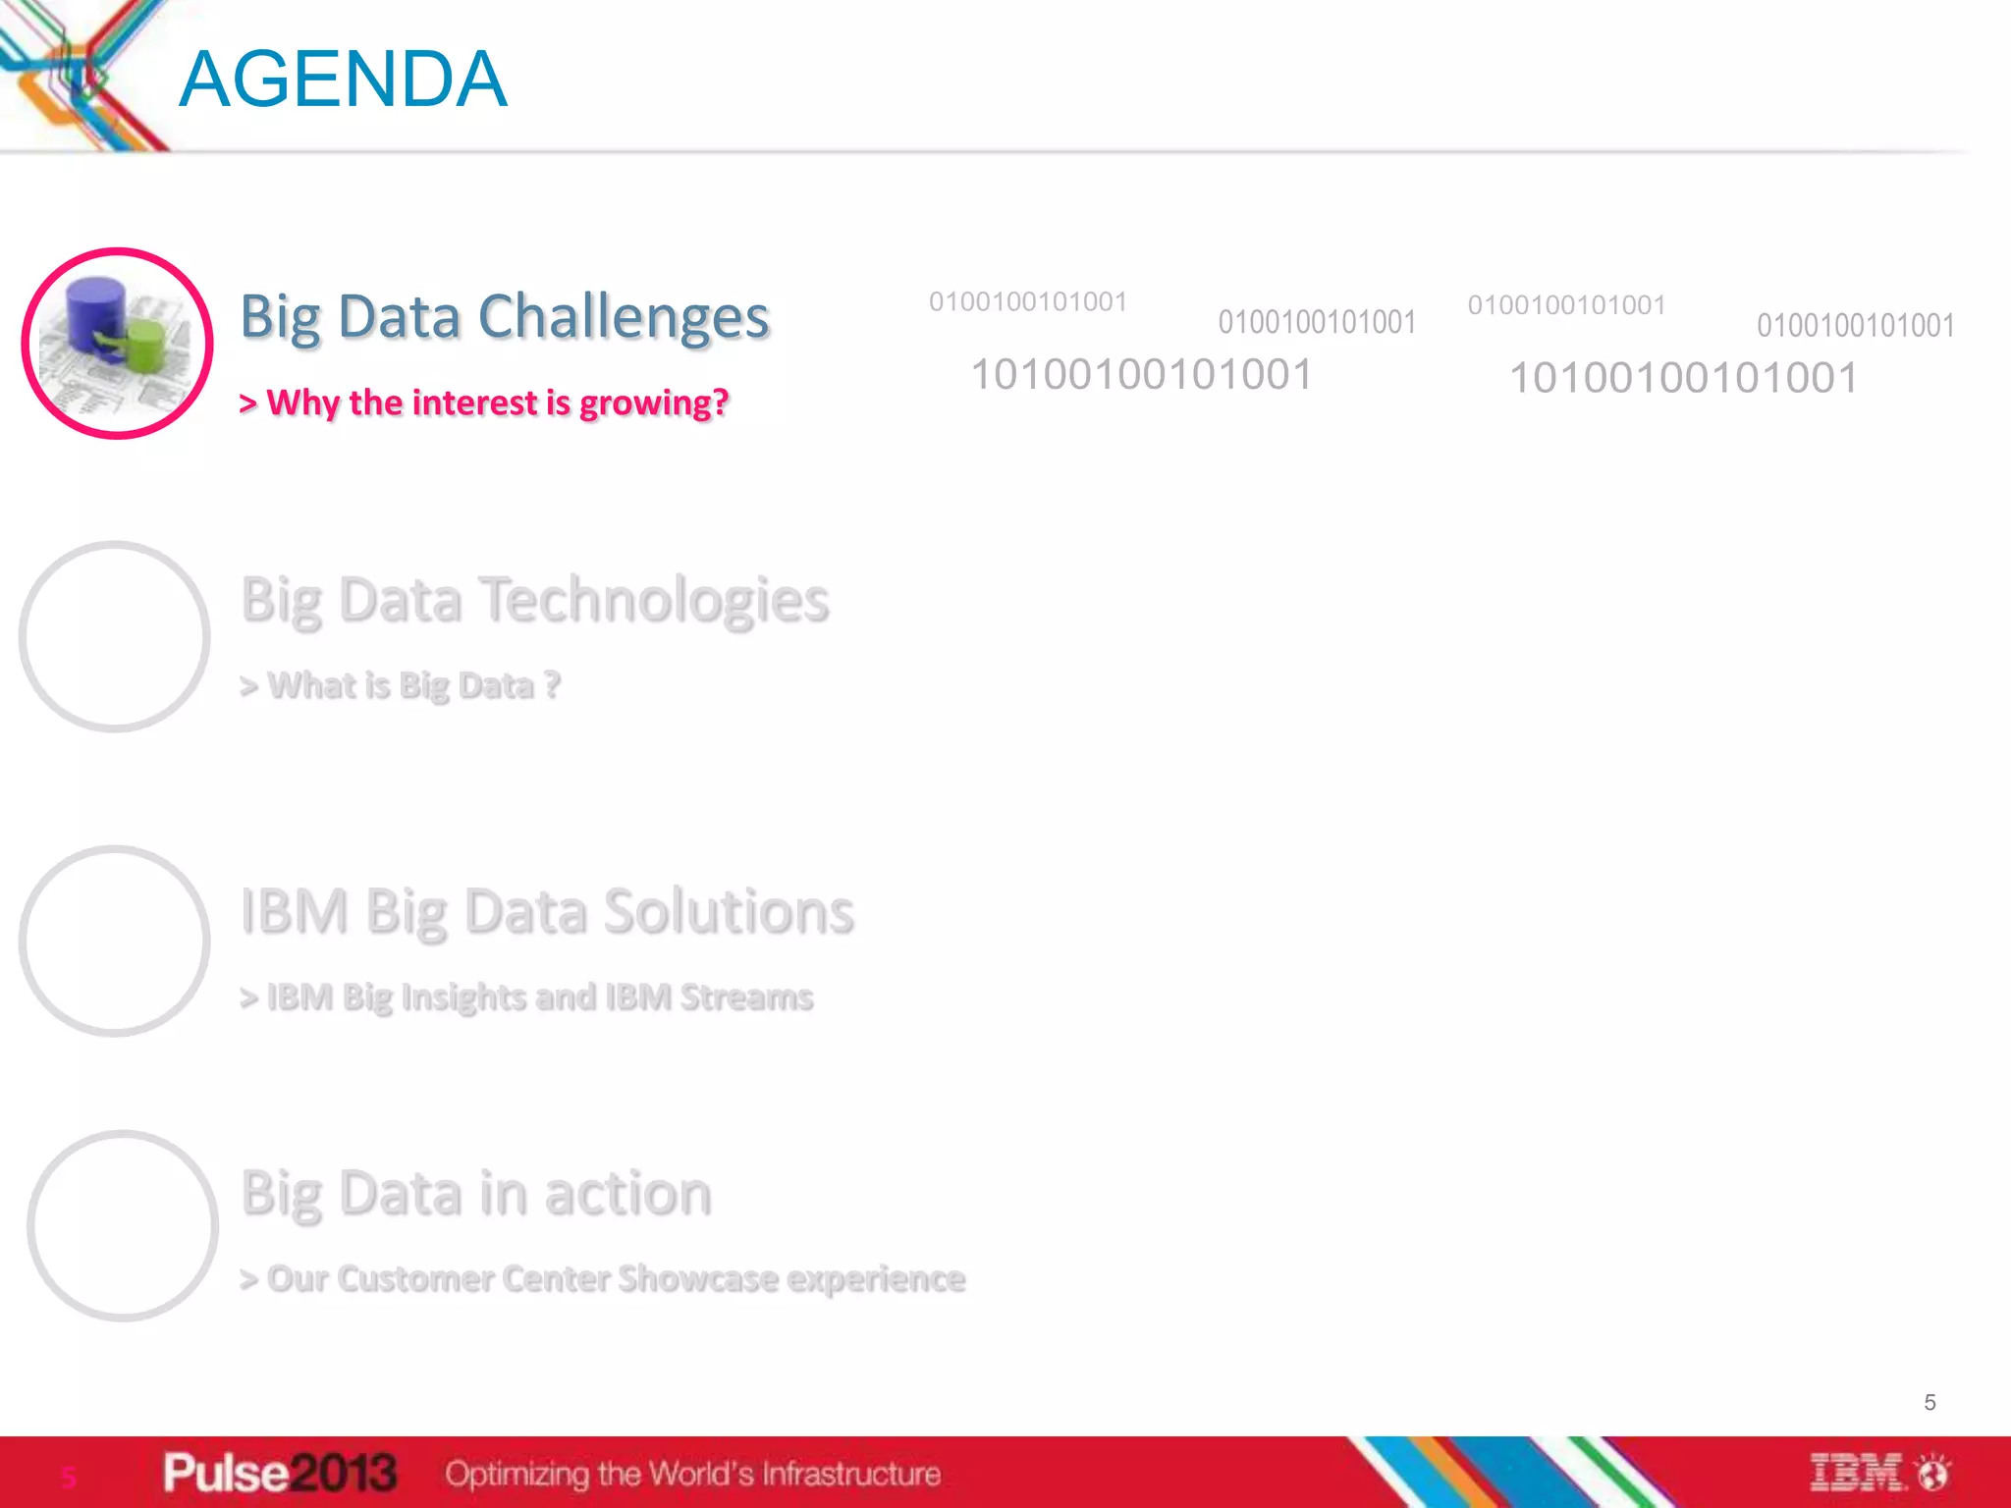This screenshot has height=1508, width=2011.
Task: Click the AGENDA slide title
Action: [343, 80]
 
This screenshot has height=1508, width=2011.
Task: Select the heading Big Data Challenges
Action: [505, 317]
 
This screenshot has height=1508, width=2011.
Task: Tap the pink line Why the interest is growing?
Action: [484, 404]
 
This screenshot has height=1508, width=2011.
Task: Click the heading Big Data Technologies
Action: [535, 600]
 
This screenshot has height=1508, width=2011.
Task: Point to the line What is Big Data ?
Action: [401, 685]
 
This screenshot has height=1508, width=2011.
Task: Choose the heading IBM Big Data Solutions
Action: [547, 911]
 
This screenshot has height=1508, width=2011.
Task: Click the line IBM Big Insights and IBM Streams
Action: [527, 997]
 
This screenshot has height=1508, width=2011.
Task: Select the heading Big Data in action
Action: [476, 1194]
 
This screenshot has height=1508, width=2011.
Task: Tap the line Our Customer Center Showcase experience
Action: [603, 1279]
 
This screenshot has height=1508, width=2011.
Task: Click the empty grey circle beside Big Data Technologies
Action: [115, 637]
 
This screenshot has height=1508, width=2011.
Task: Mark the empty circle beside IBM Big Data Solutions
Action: [115, 941]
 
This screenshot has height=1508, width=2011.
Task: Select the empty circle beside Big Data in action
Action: [123, 1225]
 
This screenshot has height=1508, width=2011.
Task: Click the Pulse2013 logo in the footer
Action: [280, 1473]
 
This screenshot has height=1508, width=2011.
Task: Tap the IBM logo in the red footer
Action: [1858, 1473]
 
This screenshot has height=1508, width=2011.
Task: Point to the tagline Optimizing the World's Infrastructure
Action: [692, 1474]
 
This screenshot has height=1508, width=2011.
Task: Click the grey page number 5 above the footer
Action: [1929, 1403]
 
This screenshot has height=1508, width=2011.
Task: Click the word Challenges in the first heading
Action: [624, 317]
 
